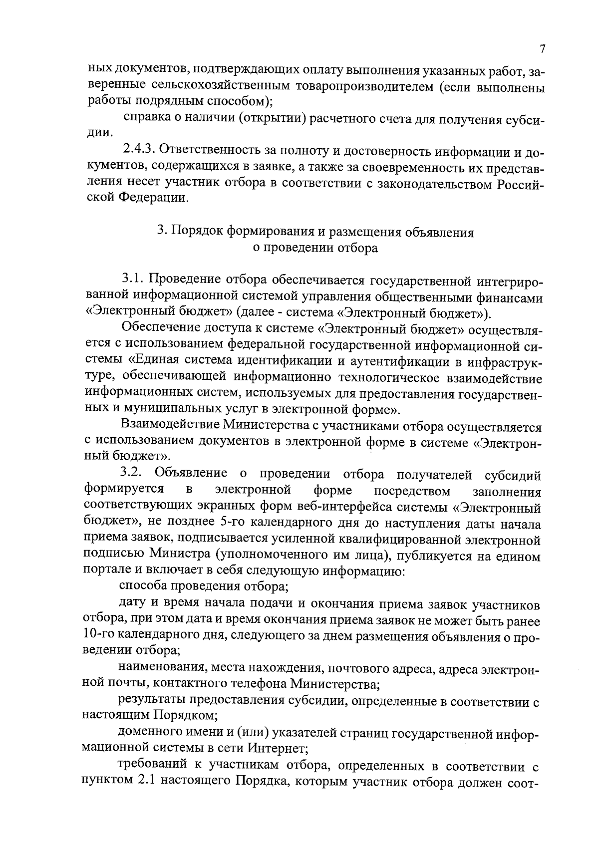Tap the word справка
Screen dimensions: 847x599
145,119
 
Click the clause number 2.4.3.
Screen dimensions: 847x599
140,151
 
